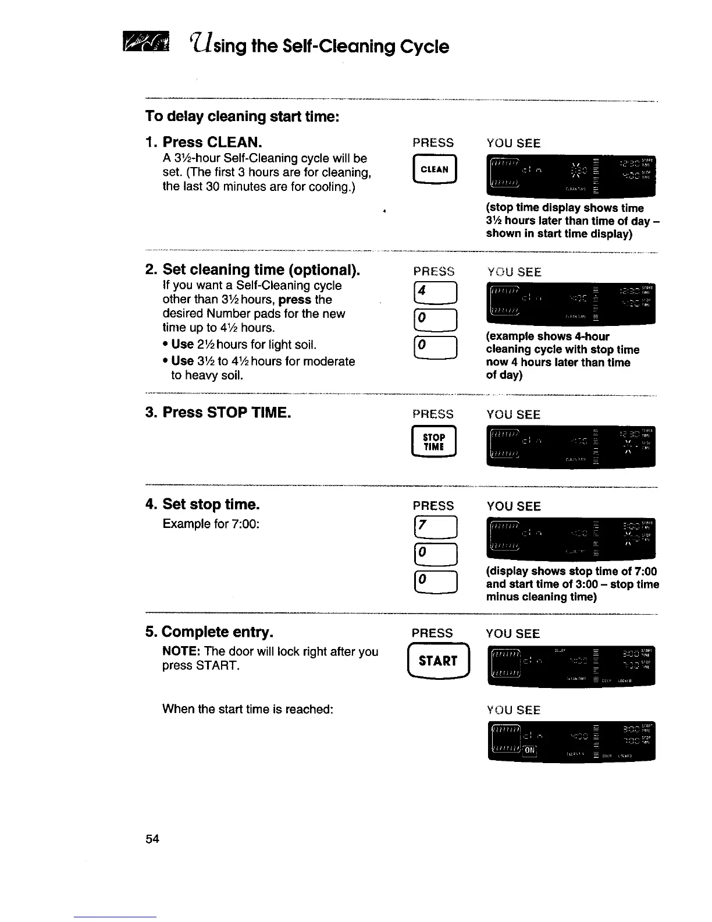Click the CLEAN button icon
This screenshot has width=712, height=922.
pos(434,169)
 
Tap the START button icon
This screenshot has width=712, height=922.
pos(438,661)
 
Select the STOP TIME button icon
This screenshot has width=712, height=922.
pos(434,442)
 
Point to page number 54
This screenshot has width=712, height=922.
pos(152,839)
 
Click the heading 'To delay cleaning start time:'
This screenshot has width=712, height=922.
pos(242,116)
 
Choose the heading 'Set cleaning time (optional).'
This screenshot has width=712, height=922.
pos(261,269)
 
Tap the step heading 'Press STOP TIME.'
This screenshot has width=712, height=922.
pos(226,413)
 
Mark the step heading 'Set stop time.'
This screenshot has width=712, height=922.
pos(211,504)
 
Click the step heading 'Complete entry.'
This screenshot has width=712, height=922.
pos(218,632)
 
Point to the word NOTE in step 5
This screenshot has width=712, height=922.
pos(181,651)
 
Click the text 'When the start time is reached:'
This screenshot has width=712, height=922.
pos(248,709)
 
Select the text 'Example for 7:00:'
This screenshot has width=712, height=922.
pos(211,524)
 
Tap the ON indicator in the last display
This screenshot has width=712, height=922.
pos(530,750)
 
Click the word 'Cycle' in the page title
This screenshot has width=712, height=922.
pos(425,46)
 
